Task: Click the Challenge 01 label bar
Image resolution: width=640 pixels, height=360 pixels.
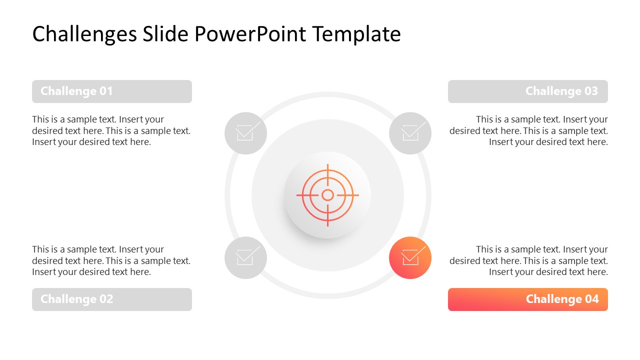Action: click(111, 91)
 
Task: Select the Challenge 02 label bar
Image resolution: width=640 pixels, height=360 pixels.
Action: click(111, 299)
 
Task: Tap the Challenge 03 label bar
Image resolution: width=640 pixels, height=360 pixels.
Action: click(527, 91)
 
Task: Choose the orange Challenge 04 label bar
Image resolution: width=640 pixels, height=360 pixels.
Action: click(527, 299)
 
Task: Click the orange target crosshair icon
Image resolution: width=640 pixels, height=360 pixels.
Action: click(327, 195)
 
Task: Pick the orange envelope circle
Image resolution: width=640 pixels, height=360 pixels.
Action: click(410, 257)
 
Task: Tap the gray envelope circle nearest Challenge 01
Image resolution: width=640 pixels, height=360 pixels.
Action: click(245, 133)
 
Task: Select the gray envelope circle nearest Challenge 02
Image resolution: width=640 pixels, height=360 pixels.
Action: click(245, 257)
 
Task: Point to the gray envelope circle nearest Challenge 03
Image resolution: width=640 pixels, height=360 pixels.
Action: click(410, 133)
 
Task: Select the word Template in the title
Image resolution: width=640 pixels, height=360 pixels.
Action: click(356, 34)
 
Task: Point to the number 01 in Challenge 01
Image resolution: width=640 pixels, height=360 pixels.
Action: click(106, 91)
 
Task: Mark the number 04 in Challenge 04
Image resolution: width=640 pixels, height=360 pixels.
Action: click(591, 299)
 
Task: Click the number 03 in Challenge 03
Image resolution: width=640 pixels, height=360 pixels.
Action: click(591, 91)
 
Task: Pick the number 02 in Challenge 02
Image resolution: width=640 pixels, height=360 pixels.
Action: click(106, 299)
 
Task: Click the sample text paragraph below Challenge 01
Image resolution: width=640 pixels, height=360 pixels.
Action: click(111, 130)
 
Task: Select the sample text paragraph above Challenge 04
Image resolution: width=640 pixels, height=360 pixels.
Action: click(528, 260)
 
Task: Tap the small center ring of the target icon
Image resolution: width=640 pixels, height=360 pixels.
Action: click(327, 195)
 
